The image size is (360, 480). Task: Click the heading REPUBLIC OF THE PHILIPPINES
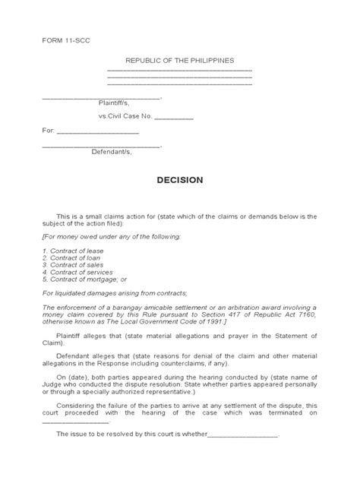180,60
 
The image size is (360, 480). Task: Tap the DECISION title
179,181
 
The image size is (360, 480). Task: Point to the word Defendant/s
112,151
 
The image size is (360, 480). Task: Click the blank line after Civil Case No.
174,118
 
